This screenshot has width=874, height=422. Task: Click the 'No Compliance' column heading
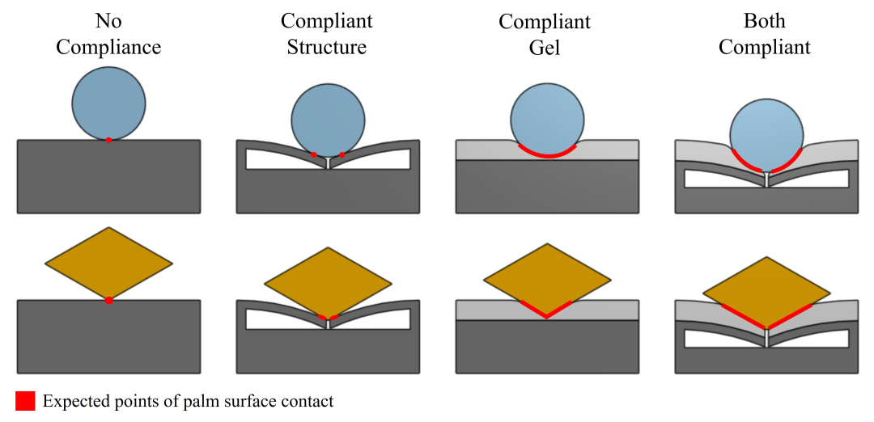coord(108,34)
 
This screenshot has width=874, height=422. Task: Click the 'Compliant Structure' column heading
coord(326,34)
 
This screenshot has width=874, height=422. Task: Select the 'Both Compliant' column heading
coord(764,34)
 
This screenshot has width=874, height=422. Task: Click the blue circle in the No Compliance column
coord(108,103)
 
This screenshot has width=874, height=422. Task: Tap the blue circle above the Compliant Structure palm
coord(328,119)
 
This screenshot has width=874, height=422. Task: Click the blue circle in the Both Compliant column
coord(766,133)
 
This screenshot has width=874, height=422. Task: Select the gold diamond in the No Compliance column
coord(108,263)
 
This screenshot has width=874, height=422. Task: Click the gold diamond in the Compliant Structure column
coord(328,282)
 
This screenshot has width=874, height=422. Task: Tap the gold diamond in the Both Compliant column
coord(766,292)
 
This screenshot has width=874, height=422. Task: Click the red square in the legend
coord(25,401)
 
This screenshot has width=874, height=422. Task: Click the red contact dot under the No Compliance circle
coord(108,140)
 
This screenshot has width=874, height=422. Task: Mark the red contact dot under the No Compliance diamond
coord(109,301)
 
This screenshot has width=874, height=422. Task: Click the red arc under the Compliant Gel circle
coord(547,154)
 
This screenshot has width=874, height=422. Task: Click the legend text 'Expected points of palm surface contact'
coord(188,401)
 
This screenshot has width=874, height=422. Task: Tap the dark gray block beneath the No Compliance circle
coord(108,178)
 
